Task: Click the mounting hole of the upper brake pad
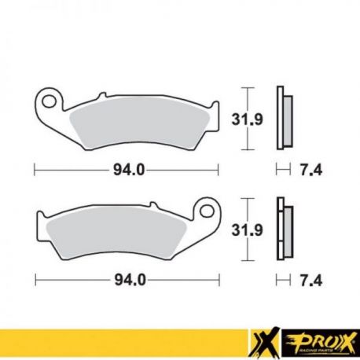click(x=50, y=101)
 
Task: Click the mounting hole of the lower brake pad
click(x=208, y=210)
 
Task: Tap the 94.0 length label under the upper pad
click(x=129, y=171)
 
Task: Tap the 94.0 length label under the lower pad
click(x=130, y=281)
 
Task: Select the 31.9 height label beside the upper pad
click(x=247, y=119)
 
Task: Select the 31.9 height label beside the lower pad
click(x=247, y=230)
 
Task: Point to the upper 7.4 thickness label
click(x=311, y=171)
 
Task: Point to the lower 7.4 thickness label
click(x=311, y=281)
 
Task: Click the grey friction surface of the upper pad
click(x=139, y=123)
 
